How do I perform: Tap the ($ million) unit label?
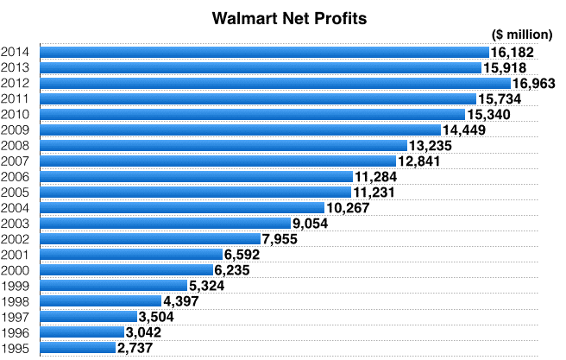point(521,35)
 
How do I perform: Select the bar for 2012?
point(275,84)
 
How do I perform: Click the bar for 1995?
point(77,348)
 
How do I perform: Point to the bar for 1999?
point(113,286)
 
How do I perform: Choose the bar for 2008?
point(223,146)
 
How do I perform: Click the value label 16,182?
point(512,53)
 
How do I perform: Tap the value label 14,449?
point(463,130)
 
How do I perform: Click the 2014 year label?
point(16,53)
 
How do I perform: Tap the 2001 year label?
point(16,255)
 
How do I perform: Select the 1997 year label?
point(16,317)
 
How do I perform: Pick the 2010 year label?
point(16,115)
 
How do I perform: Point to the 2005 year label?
point(16,193)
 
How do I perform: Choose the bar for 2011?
point(258,99)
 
